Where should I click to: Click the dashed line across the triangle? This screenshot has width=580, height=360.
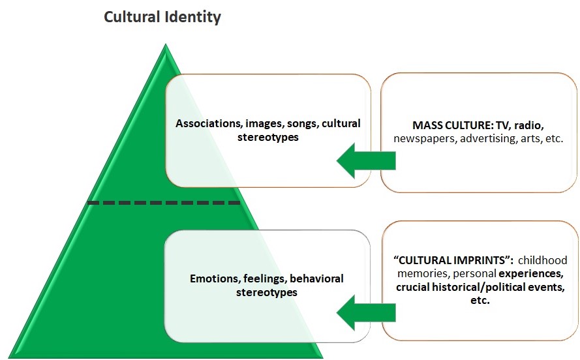click(x=164, y=203)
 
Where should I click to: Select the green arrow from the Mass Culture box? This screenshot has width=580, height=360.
click(x=366, y=160)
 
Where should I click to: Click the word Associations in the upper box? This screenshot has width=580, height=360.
click(x=206, y=123)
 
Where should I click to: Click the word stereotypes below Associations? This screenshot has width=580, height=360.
click(x=268, y=137)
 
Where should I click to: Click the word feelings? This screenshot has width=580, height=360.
click(x=264, y=278)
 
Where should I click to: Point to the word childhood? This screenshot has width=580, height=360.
click(x=543, y=260)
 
